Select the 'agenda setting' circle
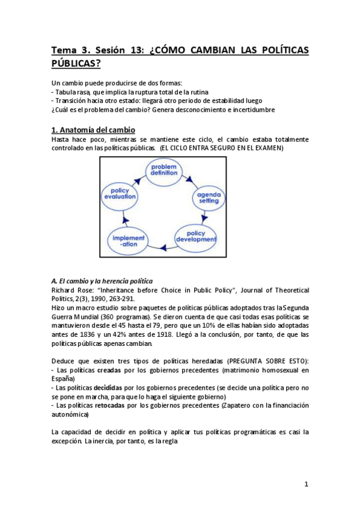209,197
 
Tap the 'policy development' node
196,236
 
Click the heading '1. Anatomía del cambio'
93,130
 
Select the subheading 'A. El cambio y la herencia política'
102,280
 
